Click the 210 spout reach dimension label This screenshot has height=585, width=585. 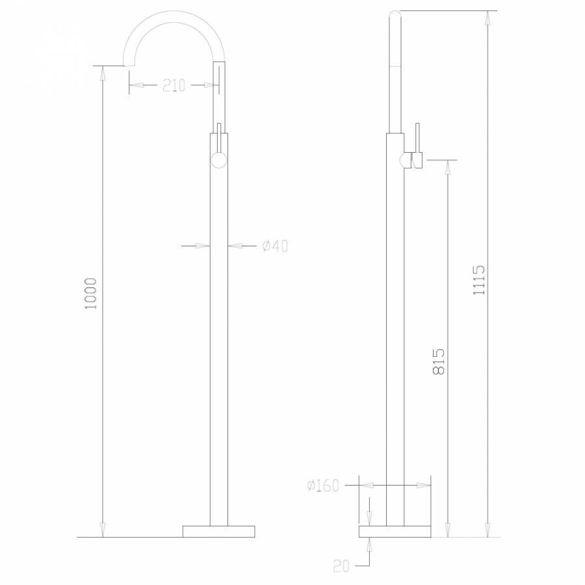pyautogui.click(x=174, y=85)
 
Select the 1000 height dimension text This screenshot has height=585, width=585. pyautogui.click(x=91, y=293)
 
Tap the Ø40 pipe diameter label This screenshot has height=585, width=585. pyautogui.click(x=274, y=246)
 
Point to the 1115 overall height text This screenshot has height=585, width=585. pyautogui.click(x=479, y=280)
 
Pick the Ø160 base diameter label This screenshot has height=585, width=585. pyautogui.click(x=323, y=486)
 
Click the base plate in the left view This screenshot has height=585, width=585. pyautogui.click(x=218, y=531)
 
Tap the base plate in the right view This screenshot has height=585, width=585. pyautogui.click(x=395, y=531)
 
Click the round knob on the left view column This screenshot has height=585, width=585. pyautogui.click(x=219, y=160)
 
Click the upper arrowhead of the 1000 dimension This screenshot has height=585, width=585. pyautogui.click(x=101, y=71)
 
